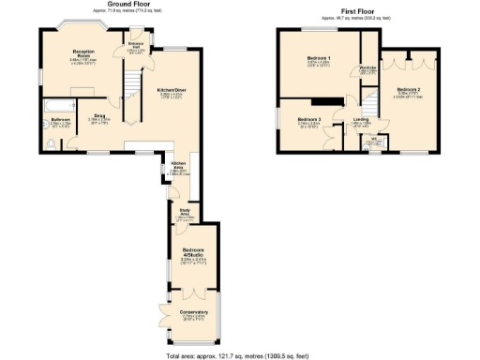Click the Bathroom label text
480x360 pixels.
click(62, 120)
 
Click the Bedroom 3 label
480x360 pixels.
click(310, 120)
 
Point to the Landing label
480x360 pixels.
click(361, 120)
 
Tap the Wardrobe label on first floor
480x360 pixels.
click(367, 69)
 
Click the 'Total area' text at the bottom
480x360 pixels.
click(240, 354)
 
